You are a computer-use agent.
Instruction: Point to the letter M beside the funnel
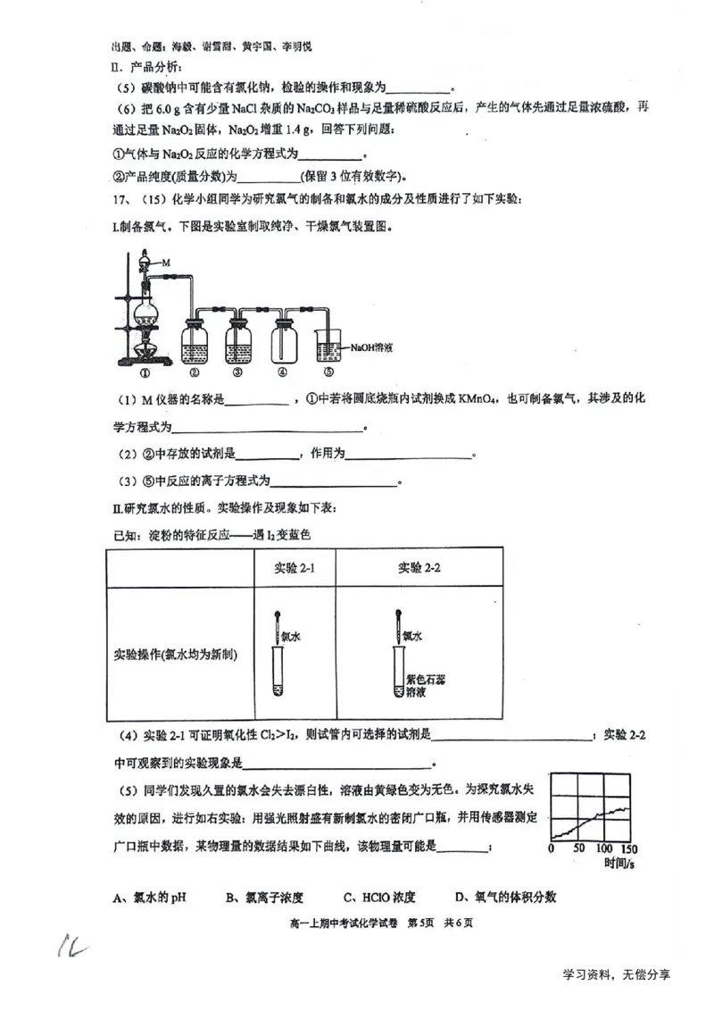tap(165, 263)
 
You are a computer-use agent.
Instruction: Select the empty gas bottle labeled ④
tap(283, 343)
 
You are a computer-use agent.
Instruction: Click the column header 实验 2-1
tap(294, 568)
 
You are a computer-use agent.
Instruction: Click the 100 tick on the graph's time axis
tap(604, 848)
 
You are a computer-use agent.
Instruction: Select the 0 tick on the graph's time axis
tap(552, 848)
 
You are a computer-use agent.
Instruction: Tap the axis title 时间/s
tap(618, 864)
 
